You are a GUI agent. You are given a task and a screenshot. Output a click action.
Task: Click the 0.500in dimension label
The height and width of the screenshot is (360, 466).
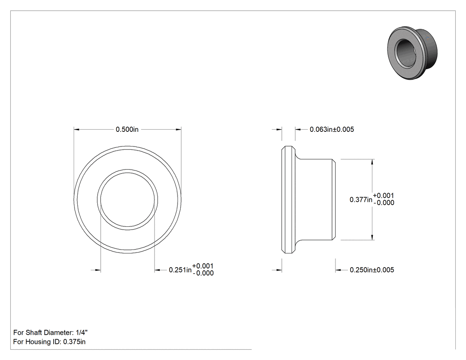click(x=127, y=129)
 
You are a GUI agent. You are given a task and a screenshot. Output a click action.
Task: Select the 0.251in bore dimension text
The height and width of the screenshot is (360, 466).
click(x=180, y=270)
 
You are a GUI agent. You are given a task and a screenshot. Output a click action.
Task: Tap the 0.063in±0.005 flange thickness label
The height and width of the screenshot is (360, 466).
click(x=332, y=129)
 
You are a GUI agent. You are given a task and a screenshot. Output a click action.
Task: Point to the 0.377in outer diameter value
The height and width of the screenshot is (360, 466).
click(x=361, y=199)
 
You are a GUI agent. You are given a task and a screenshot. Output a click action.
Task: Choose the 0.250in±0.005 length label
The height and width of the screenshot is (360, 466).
click(x=372, y=270)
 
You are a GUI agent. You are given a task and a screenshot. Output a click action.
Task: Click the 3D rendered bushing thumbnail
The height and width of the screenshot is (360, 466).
click(x=412, y=54)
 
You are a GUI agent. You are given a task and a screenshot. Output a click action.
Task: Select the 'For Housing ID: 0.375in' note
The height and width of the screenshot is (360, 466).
click(x=49, y=341)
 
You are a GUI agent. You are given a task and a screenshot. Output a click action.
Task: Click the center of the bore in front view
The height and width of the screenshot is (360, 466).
click(x=127, y=200)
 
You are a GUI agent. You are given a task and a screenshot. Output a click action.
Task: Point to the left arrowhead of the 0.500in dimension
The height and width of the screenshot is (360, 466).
click(x=76, y=129)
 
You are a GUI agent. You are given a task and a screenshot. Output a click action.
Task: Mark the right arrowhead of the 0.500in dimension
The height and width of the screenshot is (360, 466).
click(x=178, y=129)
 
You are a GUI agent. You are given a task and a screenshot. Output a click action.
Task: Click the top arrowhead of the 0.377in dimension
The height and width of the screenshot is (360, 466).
click(x=372, y=162)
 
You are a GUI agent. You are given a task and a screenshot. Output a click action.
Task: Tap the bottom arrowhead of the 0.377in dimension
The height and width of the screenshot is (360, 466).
click(x=372, y=237)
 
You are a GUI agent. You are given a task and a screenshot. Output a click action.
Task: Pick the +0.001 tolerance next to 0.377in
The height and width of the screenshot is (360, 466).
click(x=383, y=196)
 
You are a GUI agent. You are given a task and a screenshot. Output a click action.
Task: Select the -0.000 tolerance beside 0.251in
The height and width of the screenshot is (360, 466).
click(x=203, y=273)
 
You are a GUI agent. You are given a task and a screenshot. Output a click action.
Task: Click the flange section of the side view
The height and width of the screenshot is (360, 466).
click(x=288, y=199)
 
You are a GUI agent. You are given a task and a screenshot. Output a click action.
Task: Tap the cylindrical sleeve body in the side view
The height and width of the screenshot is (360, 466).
click(x=316, y=199)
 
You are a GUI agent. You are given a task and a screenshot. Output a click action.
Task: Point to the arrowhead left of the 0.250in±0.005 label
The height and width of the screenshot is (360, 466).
click(x=338, y=270)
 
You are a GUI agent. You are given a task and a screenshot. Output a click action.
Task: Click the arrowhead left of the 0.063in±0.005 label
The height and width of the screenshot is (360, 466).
click(x=298, y=129)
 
